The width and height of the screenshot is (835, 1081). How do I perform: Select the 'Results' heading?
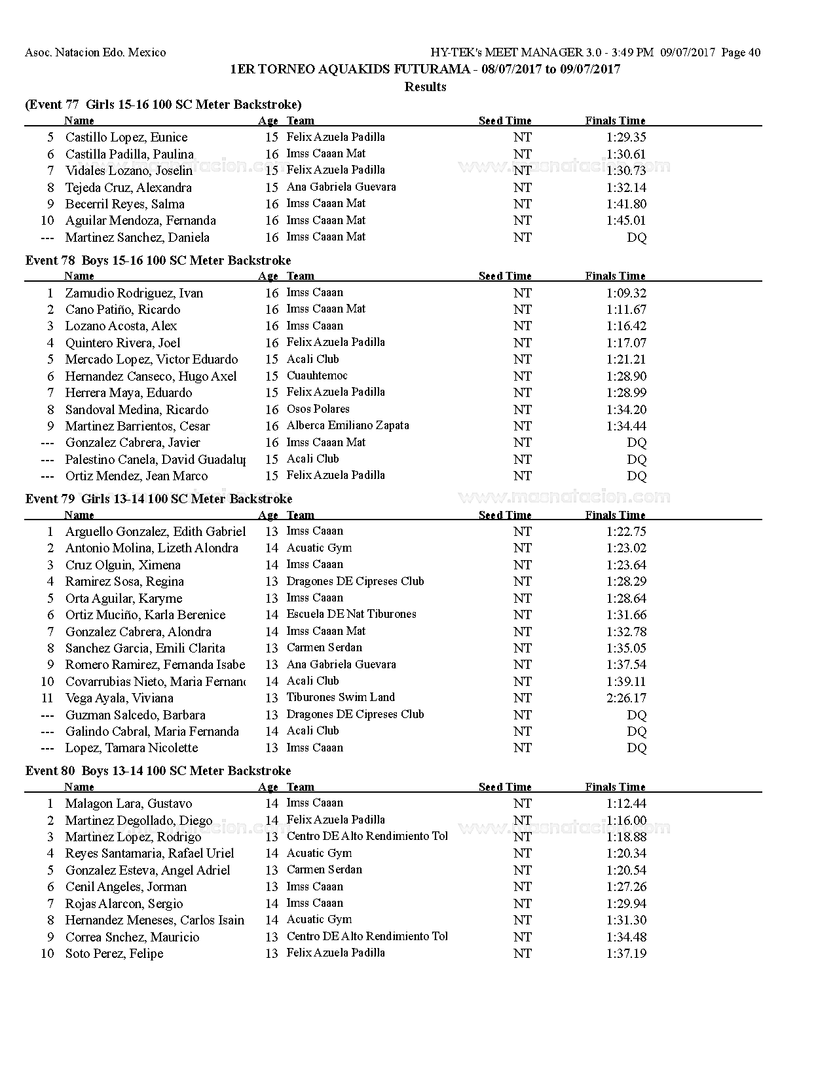[425, 86]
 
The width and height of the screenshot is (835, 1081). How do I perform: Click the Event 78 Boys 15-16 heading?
[158, 260]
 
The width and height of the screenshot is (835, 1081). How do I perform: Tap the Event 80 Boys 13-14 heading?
[158, 770]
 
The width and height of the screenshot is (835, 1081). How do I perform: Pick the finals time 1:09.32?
[626, 293]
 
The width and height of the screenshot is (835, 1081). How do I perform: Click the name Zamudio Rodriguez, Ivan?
[134, 293]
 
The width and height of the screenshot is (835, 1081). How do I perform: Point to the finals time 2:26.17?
[626, 698]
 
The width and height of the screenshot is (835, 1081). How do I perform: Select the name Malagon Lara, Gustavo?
[128, 803]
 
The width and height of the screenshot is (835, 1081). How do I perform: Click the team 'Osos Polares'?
[318, 409]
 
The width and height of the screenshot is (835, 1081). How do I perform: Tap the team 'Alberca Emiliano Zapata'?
[348, 425]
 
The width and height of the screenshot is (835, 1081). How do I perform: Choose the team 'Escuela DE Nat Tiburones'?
[351, 614]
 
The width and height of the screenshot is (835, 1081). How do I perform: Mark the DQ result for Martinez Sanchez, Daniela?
[637, 237]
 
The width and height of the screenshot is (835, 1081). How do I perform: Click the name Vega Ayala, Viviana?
[119, 698]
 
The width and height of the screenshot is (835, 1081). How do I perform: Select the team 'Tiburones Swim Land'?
[341, 697]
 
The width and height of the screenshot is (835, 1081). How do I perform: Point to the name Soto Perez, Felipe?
[114, 953]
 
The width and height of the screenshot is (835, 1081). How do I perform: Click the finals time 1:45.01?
[626, 220]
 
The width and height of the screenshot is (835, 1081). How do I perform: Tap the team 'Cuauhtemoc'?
[317, 375]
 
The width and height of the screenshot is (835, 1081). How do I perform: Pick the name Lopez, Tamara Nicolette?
[131, 748]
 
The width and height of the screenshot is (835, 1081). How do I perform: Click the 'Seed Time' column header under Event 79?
[505, 515]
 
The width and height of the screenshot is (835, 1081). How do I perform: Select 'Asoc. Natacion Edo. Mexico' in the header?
[96, 52]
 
